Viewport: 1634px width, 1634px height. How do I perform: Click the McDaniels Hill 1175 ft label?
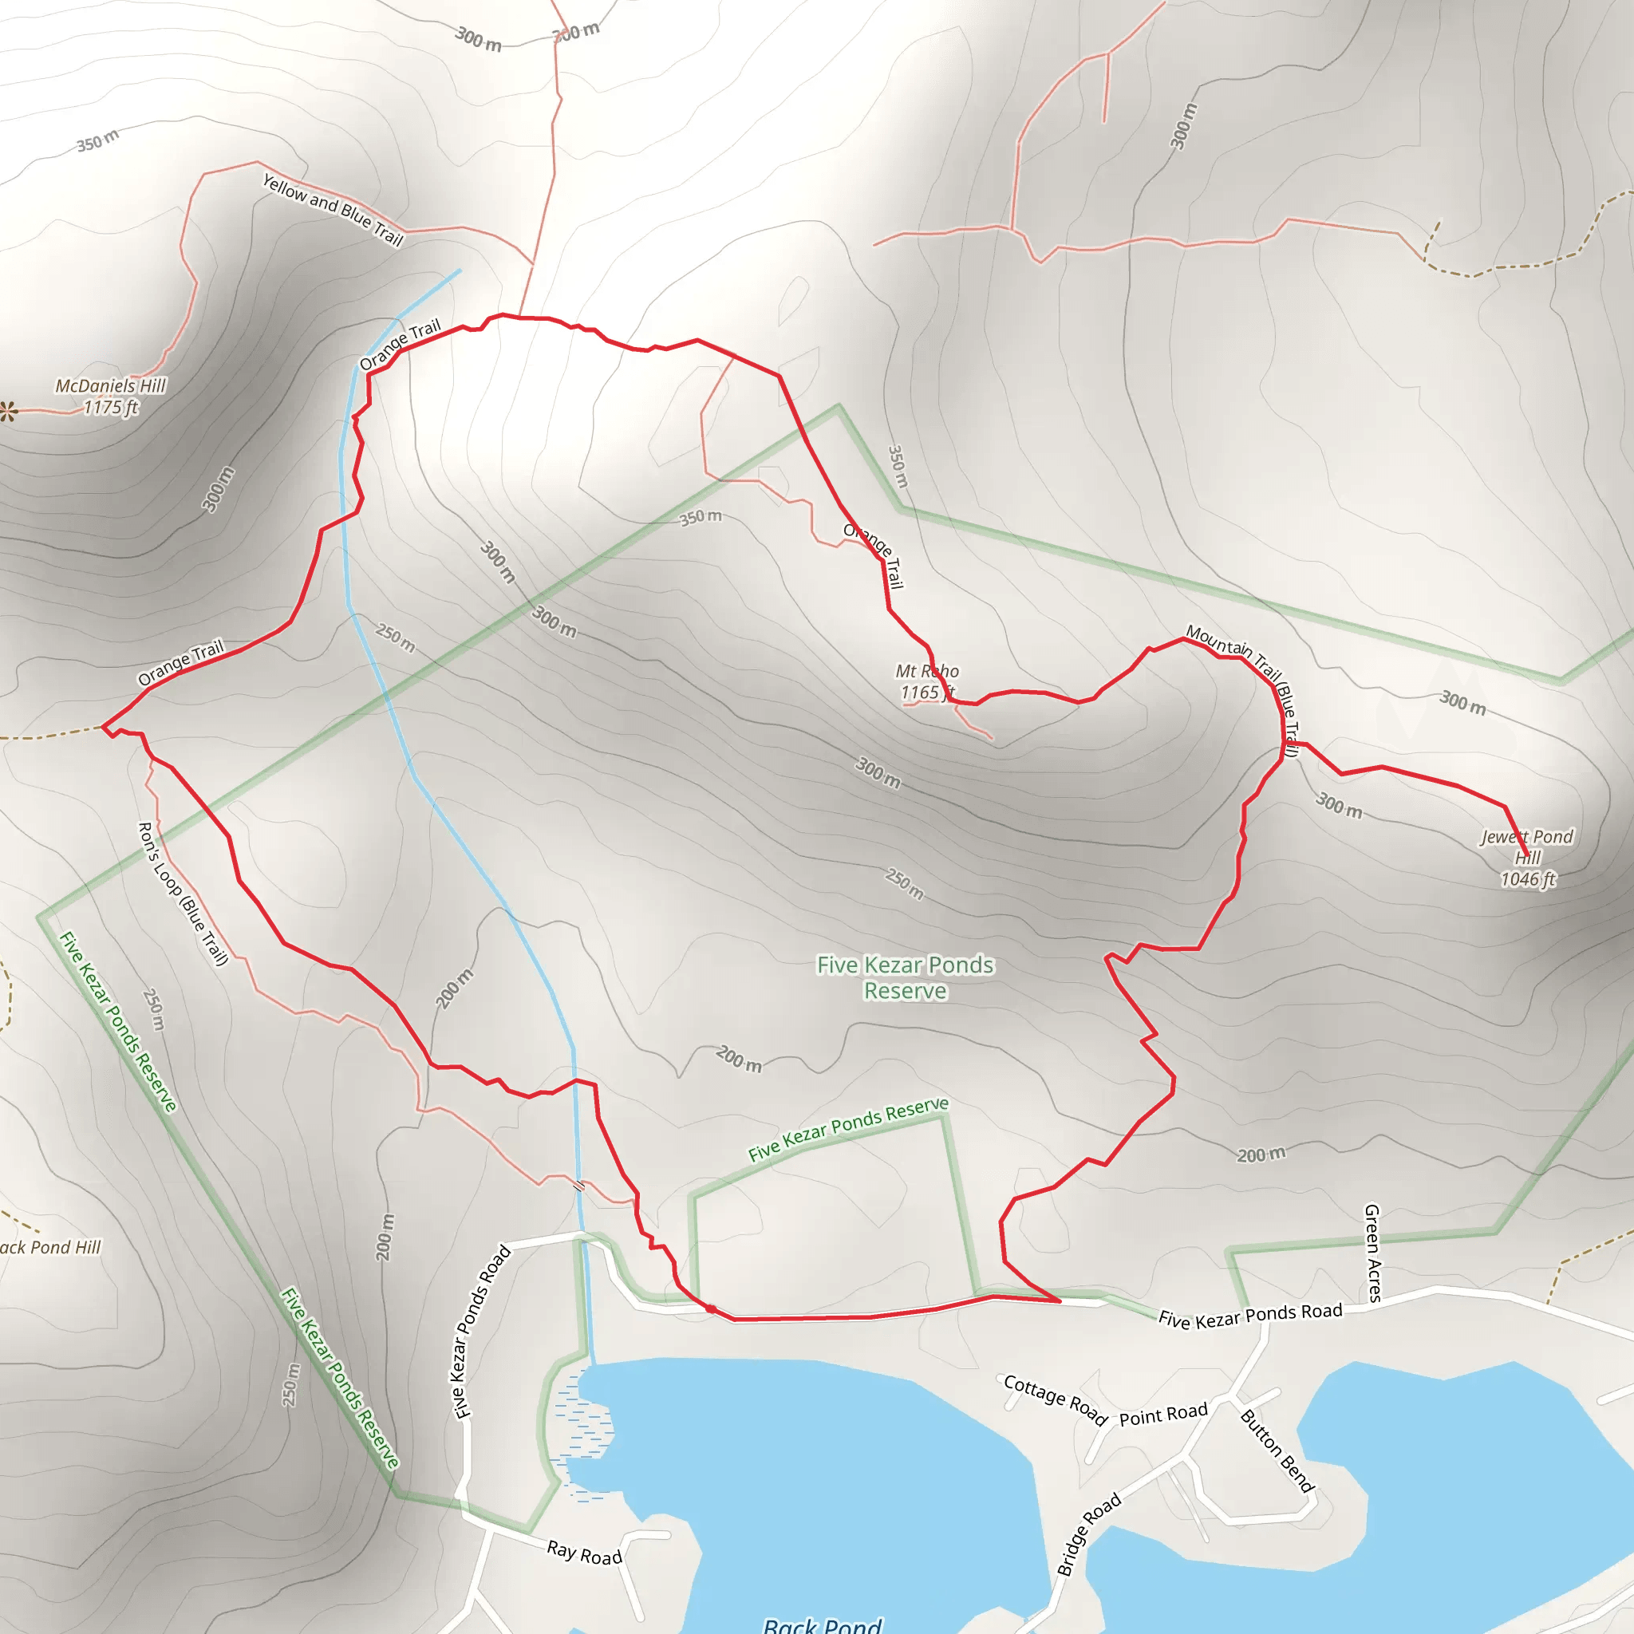[x=111, y=397]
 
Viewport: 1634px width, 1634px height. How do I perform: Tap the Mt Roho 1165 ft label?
[x=926, y=681]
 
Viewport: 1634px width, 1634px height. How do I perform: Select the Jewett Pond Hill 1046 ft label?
[x=1526, y=858]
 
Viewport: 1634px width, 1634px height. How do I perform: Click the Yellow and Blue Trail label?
[x=333, y=209]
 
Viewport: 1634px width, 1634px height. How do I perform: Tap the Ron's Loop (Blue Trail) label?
[x=183, y=893]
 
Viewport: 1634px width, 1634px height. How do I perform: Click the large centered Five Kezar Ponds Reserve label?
[x=905, y=977]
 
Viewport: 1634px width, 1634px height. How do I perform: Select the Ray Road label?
[x=584, y=1553]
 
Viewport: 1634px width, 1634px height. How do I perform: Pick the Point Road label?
[x=1163, y=1415]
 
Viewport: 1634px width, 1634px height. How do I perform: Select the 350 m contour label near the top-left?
[x=98, y=140]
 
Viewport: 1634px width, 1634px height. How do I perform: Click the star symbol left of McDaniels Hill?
[x=9, y=412]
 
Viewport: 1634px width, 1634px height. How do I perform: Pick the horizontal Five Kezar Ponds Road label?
[x=1250, y=1315]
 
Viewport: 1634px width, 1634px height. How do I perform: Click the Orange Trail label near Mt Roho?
[x=874, y=555]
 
